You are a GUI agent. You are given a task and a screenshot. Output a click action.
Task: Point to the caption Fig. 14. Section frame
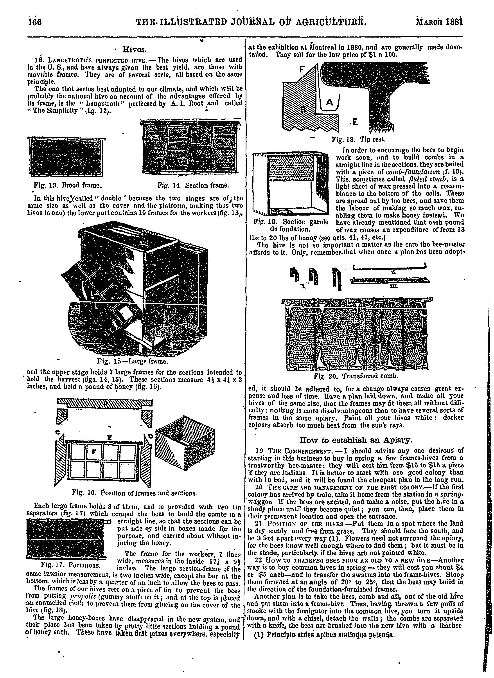(193, 185)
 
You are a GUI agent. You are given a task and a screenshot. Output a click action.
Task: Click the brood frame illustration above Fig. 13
(68, 156)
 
